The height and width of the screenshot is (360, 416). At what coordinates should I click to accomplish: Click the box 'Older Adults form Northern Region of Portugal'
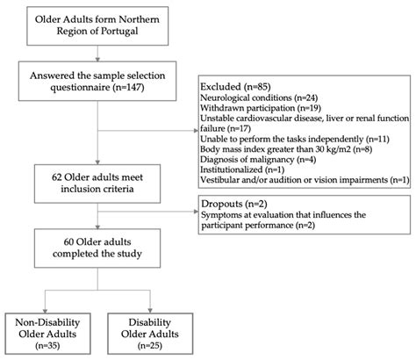tap(97, 26)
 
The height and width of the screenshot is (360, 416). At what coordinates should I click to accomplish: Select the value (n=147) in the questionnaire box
tap(128, 87)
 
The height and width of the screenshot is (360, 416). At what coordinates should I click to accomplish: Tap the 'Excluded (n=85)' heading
tap(235, 87)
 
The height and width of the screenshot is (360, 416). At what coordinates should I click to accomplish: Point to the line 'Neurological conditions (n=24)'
tap(259, 97)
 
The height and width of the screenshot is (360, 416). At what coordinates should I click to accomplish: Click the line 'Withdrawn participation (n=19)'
tap(261, 108)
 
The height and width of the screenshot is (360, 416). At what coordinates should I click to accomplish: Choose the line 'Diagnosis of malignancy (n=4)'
tap(258, 159)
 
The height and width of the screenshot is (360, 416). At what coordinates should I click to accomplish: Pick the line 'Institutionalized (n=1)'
tap(242, 169)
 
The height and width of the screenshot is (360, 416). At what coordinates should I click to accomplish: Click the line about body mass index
tap(286, 149)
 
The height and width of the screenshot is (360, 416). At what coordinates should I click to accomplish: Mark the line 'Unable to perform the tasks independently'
tap(295, 139)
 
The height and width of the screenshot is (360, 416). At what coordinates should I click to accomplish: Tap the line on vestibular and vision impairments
tap(305, 180)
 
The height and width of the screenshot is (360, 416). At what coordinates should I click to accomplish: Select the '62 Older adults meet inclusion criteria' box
tap(97, 184)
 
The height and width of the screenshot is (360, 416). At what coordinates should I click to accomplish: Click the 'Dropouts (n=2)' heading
tap(234, 204)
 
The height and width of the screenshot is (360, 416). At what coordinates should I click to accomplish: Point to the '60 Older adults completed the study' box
tap(97, 248)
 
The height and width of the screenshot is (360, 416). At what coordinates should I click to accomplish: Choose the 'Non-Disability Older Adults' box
tap(47, 334)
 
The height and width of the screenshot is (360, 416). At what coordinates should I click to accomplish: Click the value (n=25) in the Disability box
tap(150, 346)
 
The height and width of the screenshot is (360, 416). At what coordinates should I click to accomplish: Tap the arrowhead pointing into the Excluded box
tap(197, 131)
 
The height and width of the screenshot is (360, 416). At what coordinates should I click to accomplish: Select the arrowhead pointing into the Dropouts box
tap(197, 212)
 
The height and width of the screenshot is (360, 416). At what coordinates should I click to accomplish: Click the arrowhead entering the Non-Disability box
tap(45, 311)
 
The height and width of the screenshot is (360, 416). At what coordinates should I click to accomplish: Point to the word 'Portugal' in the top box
tap(119, 31)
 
